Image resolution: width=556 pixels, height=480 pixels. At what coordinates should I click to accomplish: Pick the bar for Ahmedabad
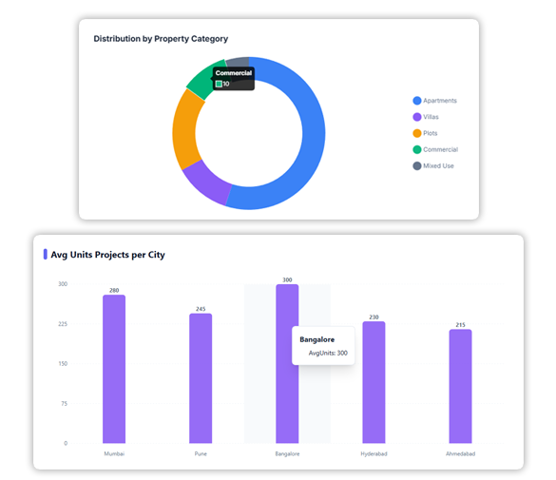pos(460,386)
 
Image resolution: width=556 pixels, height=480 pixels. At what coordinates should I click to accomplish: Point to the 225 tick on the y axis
pos(62,324)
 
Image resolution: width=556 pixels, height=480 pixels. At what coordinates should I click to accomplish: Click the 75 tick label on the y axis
pos(63,403)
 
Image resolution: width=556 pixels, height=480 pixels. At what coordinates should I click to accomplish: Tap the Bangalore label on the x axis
pos(287,454)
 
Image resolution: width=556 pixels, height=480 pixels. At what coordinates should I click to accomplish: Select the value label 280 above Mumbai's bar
pos(114,290)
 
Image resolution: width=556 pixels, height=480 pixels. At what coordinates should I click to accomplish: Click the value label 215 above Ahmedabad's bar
pos(460,324)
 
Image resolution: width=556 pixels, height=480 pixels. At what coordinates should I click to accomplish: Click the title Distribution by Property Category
pos(161,39)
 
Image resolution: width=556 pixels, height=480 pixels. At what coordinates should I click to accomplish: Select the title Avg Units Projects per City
pos(108,255)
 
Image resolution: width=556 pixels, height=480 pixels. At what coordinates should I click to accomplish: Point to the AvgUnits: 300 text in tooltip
pos(328,353)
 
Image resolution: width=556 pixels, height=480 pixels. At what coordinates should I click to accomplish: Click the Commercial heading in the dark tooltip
pos(233,73)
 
